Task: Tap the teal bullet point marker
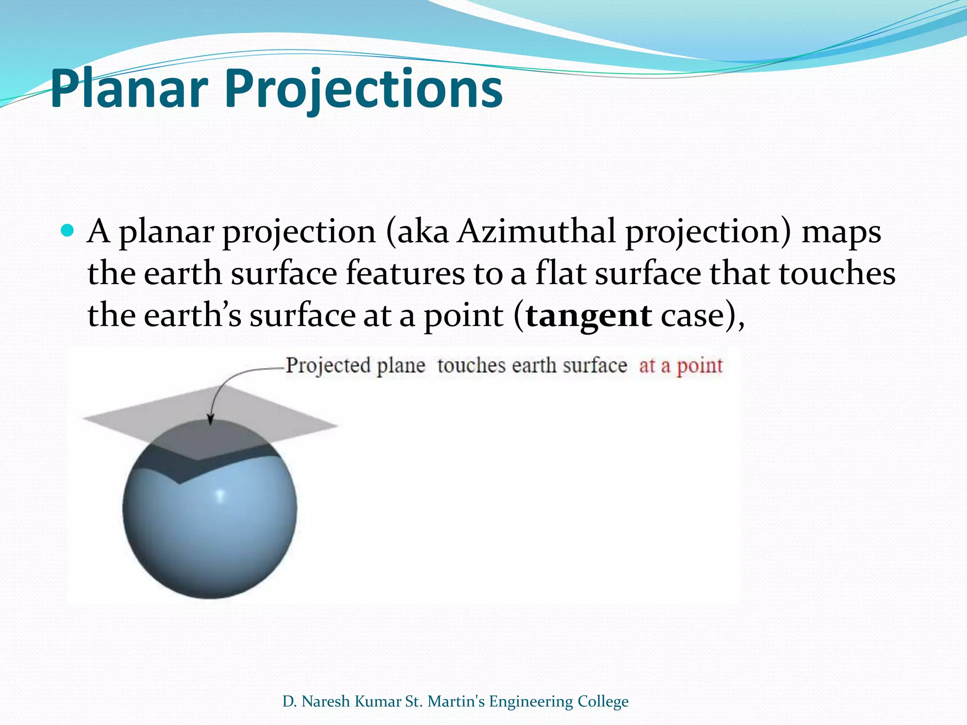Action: tap(68, 231)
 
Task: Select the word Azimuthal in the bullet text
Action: tap(536, 231)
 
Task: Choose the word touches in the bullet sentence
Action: tap(837, 273)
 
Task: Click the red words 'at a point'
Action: tap(681, 366)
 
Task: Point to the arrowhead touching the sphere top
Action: tap(211, 420)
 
